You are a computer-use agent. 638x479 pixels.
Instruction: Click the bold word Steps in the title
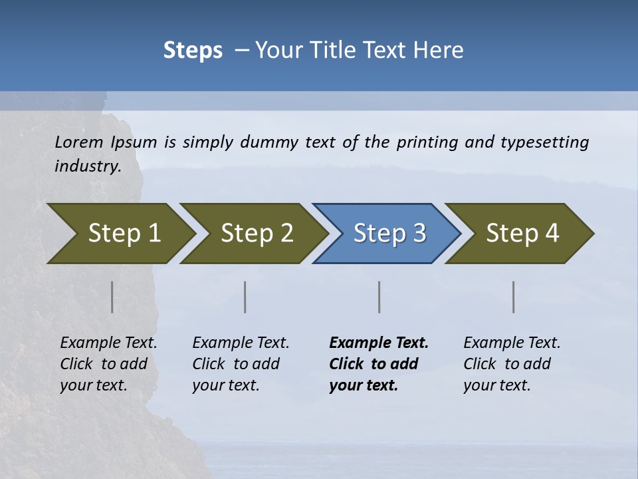point(193,51)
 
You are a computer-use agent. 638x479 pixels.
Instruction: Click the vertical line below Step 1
point(112,297)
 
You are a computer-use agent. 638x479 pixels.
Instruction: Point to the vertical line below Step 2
point(245,297)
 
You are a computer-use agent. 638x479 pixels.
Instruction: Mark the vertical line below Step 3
point(379,297)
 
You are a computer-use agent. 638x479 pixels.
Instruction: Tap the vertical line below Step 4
point(514,297)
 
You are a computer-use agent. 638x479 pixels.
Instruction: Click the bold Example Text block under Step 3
point(379,364)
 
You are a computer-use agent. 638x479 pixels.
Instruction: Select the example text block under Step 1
point(108,364)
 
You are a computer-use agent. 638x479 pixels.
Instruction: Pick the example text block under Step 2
point(241,364)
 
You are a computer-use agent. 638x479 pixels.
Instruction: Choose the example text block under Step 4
point(512,364)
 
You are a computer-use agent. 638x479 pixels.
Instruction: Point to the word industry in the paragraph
point(87,166)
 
